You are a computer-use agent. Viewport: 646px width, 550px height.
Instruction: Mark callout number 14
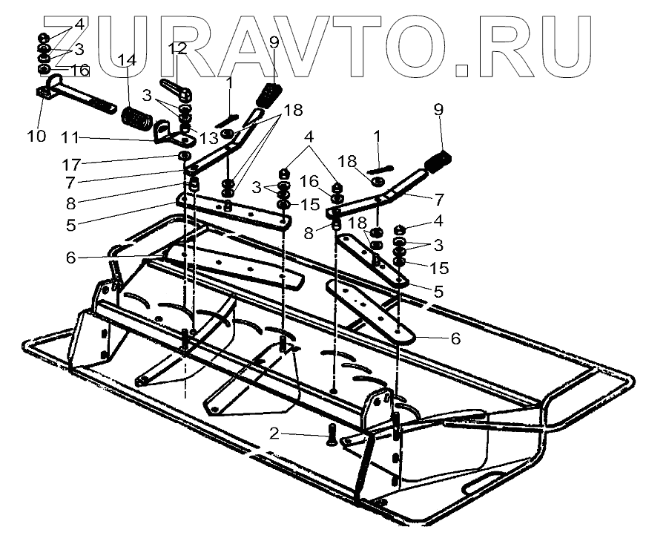(x=131, y=59)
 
